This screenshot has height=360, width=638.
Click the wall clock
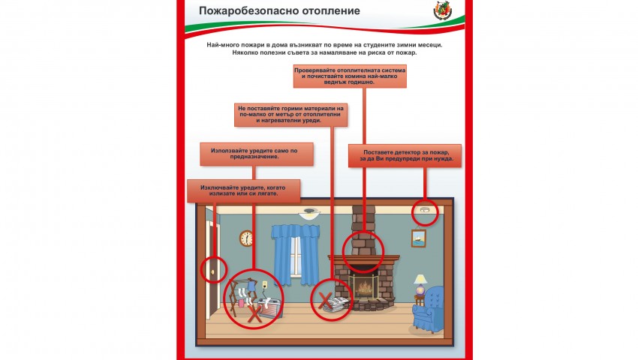pos(246,238)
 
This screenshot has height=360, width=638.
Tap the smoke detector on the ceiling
pos(425,210)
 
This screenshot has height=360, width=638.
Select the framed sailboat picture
pos(419,238)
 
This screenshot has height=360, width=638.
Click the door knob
pos(212,271)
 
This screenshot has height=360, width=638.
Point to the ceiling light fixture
pos(309,214)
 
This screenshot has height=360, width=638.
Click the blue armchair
pos(428,308)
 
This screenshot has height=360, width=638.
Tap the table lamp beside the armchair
pos(420,284)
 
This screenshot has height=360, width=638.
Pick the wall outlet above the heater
pos(265,284)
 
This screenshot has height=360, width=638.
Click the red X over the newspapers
pos(325,301)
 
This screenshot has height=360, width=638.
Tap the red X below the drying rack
pos(254,314)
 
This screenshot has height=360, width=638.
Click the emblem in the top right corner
pos(443,10)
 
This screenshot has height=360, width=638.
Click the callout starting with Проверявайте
pos(350,76)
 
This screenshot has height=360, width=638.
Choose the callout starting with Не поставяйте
pos(291,115)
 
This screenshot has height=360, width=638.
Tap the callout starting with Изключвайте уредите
pos(244,190)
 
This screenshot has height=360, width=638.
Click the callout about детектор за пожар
pos(405,155)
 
